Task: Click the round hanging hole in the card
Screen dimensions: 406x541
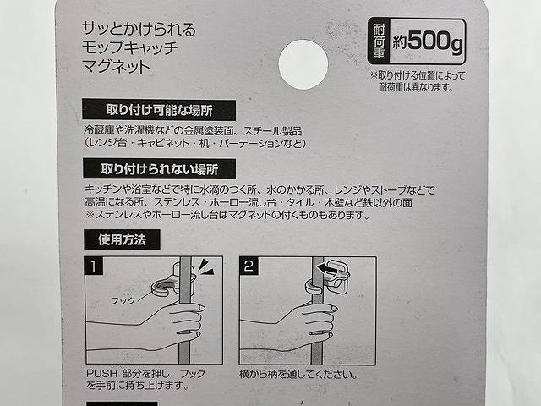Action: click(303, 64)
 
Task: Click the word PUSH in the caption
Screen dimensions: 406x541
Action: click(100, 372)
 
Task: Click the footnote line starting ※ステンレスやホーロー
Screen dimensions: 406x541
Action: click(227, 215)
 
